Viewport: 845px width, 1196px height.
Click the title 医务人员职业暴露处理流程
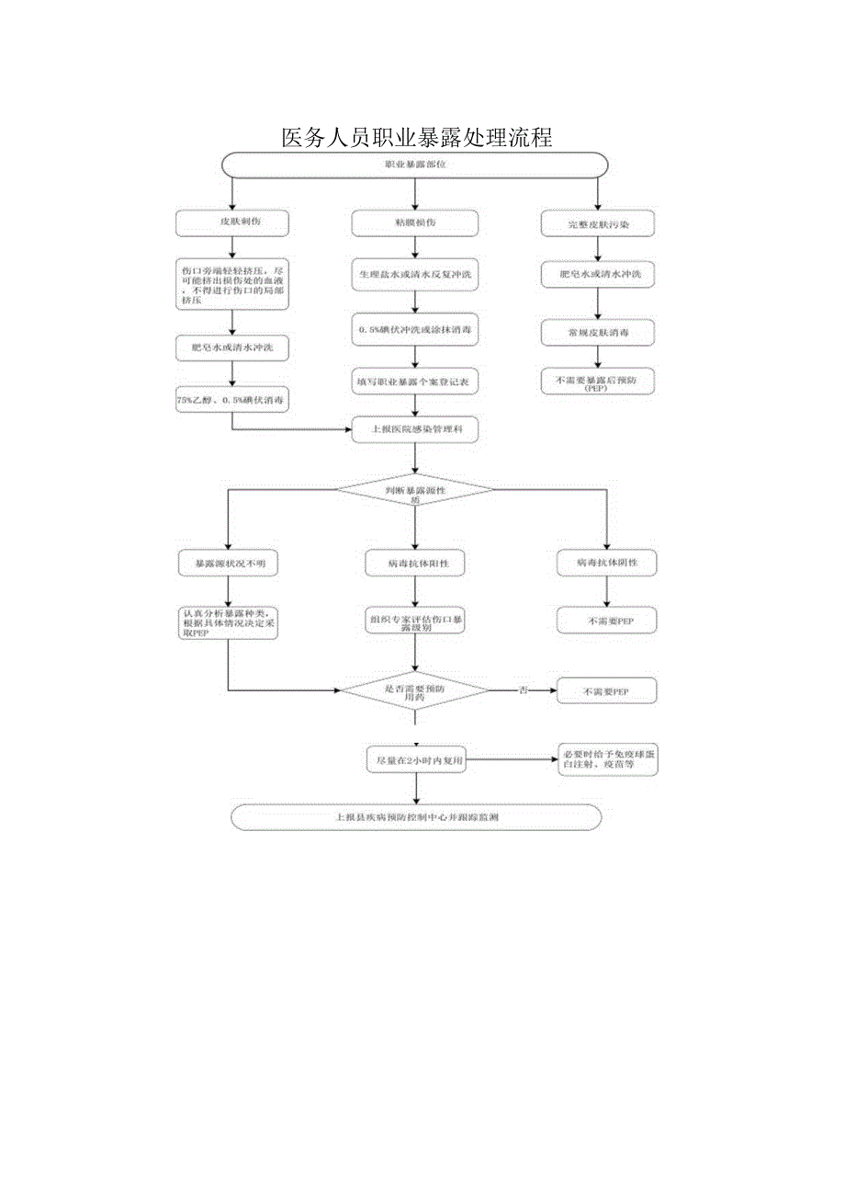[x=416, y=138]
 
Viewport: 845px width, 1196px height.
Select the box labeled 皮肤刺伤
[x=231, y=222]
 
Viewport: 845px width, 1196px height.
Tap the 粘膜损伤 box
[x=416, y=222]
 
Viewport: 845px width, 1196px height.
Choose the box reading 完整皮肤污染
[x=598, y=223]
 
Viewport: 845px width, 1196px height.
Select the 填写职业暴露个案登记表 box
[x=416, y=379]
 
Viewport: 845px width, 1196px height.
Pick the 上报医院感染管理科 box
[x=416, y=427]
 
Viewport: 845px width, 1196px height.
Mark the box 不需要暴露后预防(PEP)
[x=598, y=382]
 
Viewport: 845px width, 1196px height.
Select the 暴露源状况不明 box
[x=229, y=562]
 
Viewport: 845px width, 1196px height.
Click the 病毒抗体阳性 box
[x=415, y=562]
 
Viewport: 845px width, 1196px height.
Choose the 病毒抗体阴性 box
[x=606, y=562]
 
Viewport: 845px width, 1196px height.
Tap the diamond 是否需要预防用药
[x=415, y=690]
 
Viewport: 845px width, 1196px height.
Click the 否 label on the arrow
[x=523, y=690]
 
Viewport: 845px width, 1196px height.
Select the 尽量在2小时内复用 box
[x=415, y=760]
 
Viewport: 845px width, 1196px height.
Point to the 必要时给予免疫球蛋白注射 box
[x=607, y=759]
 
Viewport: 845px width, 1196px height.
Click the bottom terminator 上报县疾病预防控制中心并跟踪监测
[x=416, y=816]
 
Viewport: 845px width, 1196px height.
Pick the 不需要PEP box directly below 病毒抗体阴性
[x=606, y=621]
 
